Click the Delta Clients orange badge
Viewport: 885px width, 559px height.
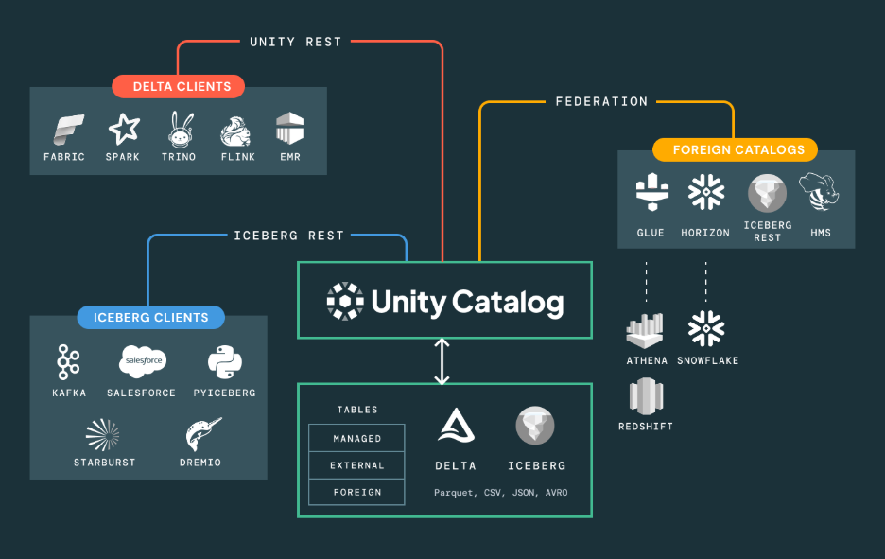coord(178,86)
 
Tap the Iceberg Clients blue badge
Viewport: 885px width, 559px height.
coord(150,317)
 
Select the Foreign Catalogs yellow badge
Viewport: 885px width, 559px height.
coord(735,149)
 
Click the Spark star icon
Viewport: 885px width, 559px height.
coord(124,130)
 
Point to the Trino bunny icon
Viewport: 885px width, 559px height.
coord(179,130)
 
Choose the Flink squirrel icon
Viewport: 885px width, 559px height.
coord(235,131)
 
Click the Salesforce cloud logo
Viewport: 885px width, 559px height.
coord(142,361)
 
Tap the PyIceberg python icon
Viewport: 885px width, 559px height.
coord(224,361)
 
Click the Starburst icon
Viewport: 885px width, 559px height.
coord(103,434)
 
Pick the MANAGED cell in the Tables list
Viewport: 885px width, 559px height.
coord(356,438)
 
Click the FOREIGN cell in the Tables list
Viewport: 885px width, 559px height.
coord(356,492)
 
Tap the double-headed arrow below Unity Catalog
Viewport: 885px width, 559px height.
coord(442,360)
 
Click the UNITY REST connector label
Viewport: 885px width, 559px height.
coord(295,42)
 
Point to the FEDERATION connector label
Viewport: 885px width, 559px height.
coord(601,101)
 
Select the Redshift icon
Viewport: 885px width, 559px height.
coord(647,396)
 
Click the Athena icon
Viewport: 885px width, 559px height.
coord(647,330)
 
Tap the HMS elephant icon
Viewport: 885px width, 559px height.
coord(820,193)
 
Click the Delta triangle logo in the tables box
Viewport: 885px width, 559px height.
coord(455,426)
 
